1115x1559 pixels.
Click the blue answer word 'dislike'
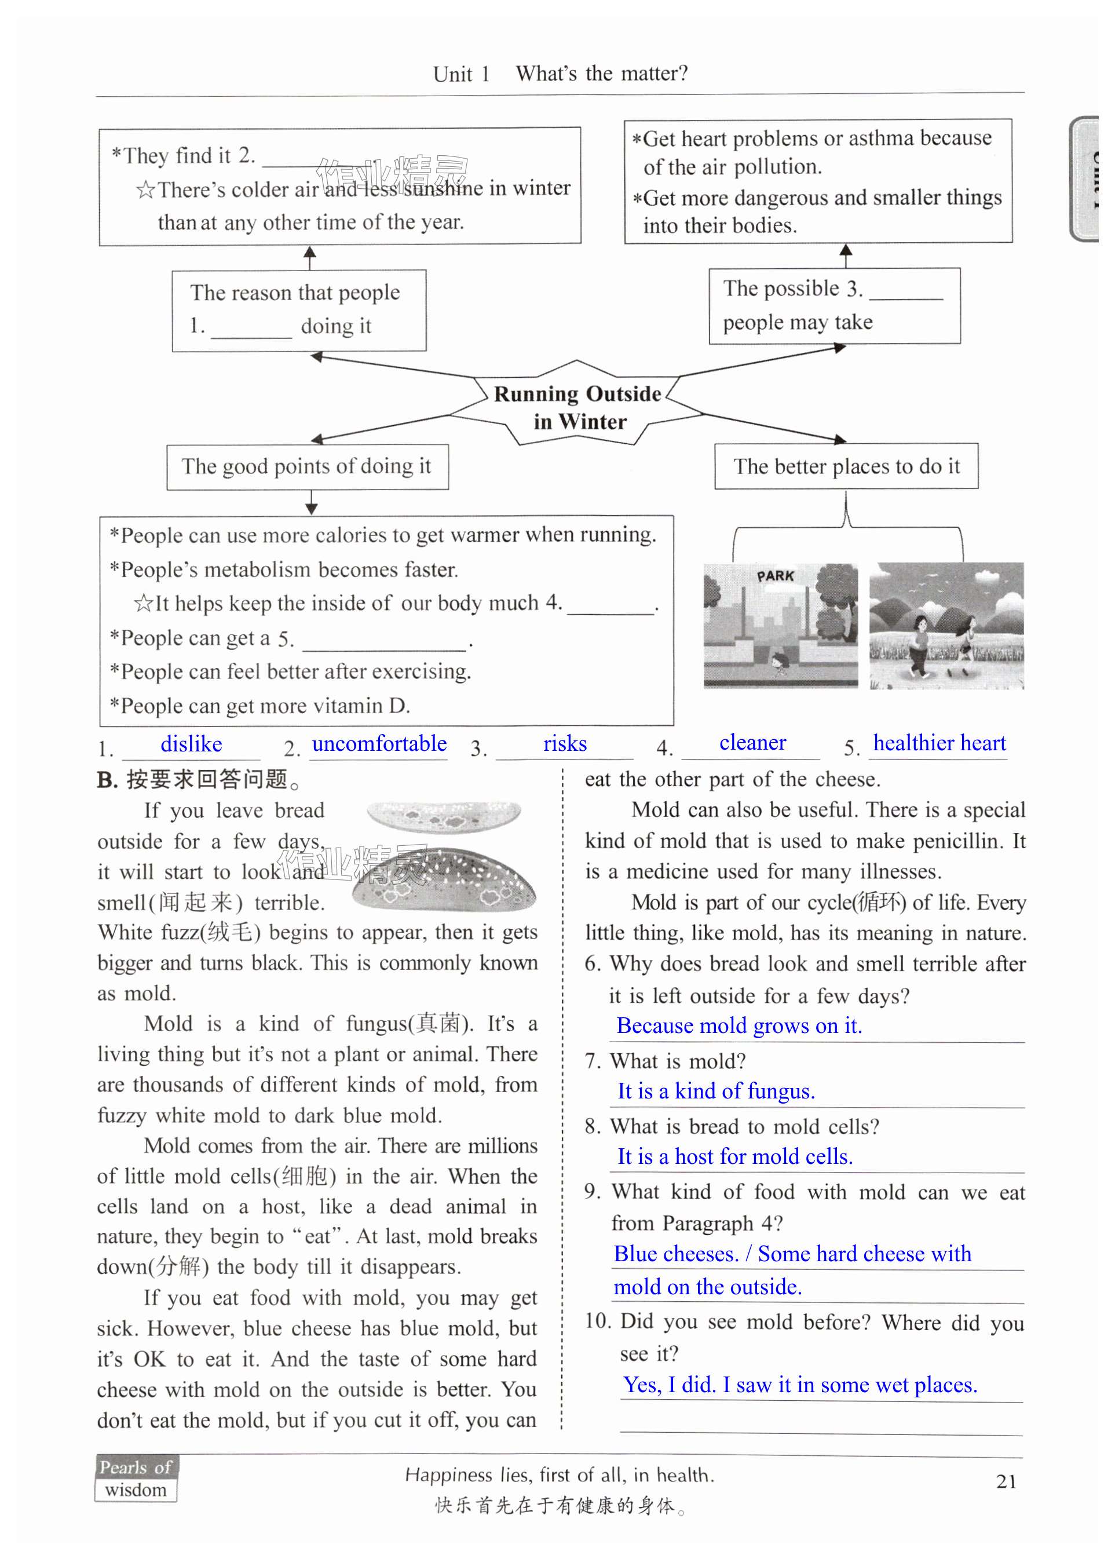(191, 744)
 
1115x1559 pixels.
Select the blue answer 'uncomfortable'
(379, 743)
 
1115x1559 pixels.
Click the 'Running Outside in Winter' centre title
(578, 407)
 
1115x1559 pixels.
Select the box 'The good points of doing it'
(306, 466)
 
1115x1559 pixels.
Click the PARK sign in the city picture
(776, 575)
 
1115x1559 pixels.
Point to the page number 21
(1006, 1481)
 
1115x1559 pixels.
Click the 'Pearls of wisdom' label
(136, 1478)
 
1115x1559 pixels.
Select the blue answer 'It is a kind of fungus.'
(716, 1091)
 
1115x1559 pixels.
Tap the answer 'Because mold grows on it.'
(739, 1025)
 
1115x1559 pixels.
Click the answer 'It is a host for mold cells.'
(734, 1156)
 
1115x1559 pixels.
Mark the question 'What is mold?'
(677, 1061)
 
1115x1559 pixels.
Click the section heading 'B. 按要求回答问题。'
(199, 780)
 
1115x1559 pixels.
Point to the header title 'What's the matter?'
(601, 74)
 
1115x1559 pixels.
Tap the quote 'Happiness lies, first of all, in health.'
(560, 1474)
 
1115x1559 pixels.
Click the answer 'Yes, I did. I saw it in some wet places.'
(800, 1385)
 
